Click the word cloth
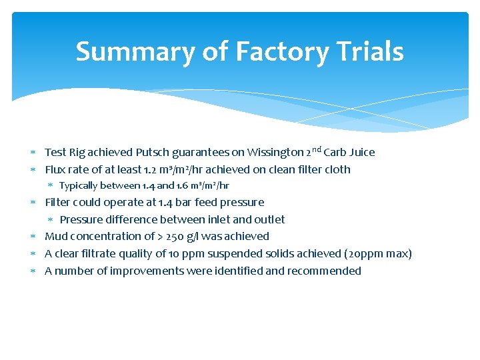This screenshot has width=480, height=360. [336, 169]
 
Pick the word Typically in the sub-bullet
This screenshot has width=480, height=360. [78, 186]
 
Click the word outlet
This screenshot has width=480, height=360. [269, 219]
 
